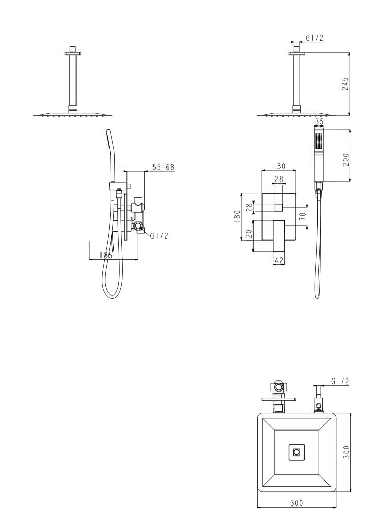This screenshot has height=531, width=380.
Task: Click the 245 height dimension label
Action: coord(345,84)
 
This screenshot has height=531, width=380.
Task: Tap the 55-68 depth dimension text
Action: coord(163,167)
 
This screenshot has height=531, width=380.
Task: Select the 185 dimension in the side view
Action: coord(106,255)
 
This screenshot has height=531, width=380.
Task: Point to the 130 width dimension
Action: coord(278,166)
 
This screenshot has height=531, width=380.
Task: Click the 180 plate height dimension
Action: coord(237,216)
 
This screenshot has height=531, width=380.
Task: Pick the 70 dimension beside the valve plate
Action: coord(303,216)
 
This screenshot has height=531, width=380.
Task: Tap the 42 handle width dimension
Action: coord(278,260)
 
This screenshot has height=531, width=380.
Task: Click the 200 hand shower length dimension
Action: coord(345,160)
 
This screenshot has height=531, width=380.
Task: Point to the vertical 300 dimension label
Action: coord(346,452)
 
